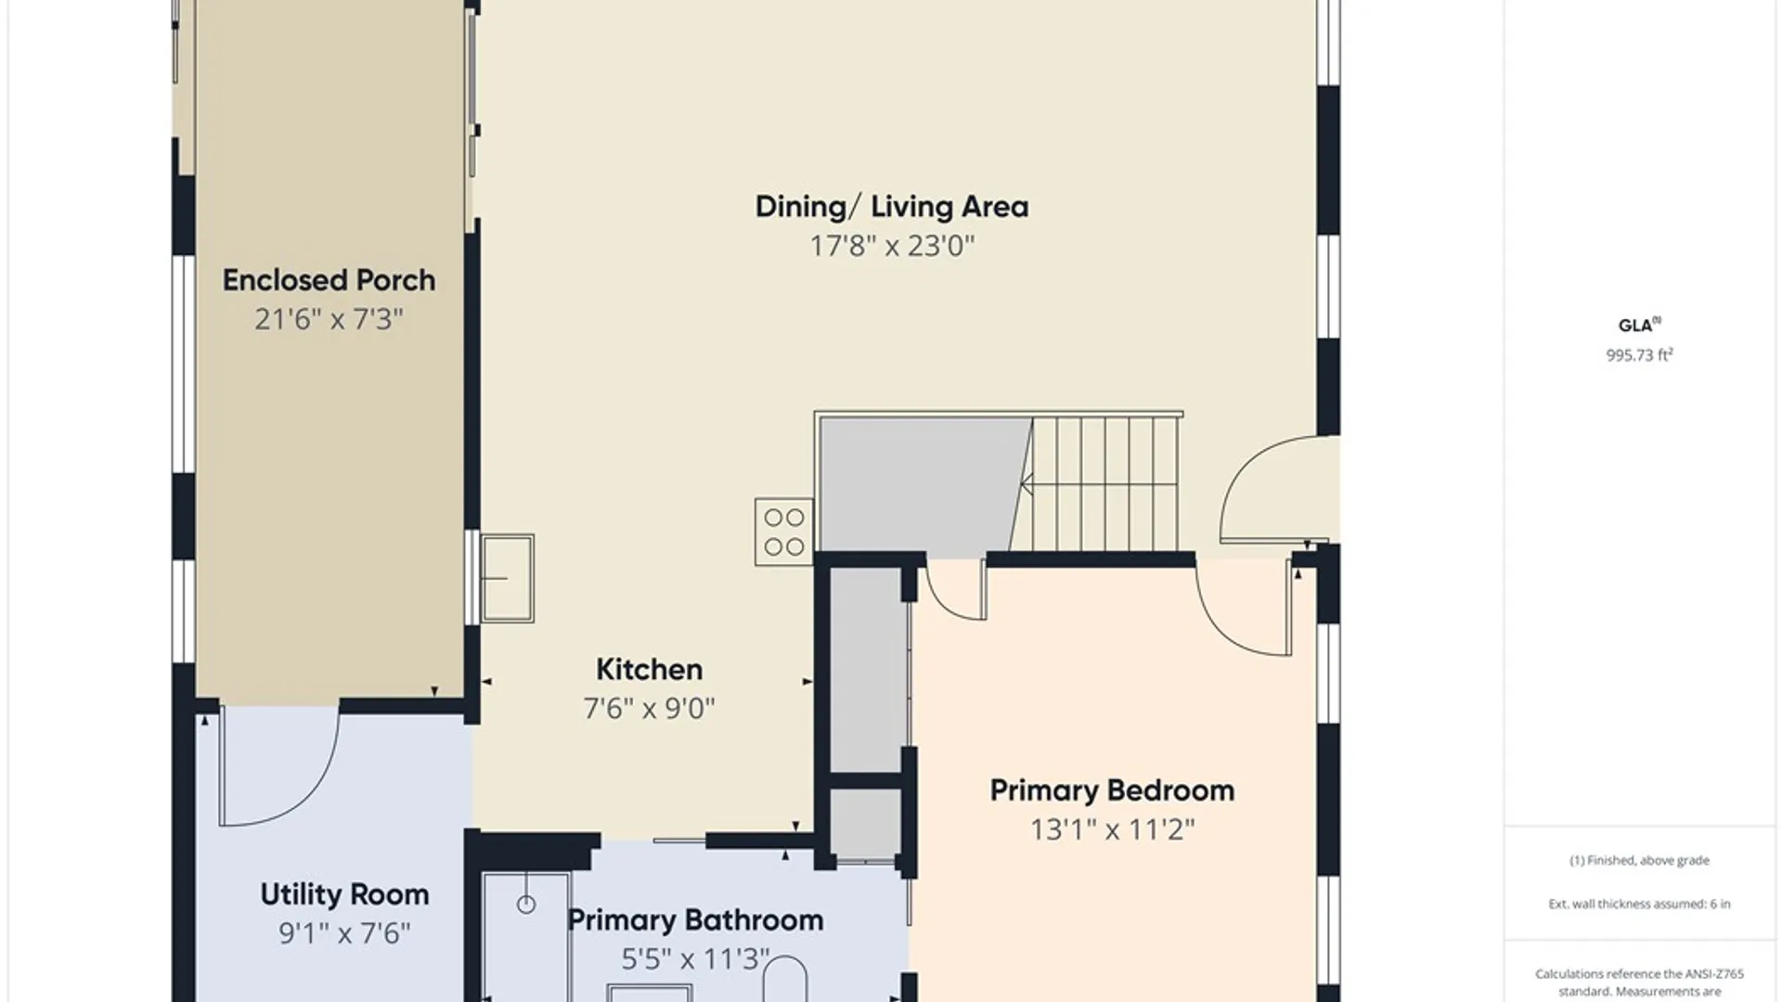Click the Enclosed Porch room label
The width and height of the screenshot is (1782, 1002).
pyautogui.click(x=329, y=280)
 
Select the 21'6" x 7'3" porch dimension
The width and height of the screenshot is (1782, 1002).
pyautogui.click(x=329, y=319)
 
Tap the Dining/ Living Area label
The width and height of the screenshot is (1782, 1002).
pyautogui.click(x=892, y=206)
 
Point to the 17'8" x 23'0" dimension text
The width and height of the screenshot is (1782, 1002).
pyautogui.click(x=892, y=246)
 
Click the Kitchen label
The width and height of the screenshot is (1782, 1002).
pyautogui.click(x=649, y=669)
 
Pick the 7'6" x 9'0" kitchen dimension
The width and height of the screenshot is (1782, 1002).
pyautogui.click(x=649, y=709)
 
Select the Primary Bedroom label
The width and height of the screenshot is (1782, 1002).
pyautogui.click(x=1112, y=790)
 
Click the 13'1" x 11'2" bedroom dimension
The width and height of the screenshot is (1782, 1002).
pyautogui.click(x=1112, y=829)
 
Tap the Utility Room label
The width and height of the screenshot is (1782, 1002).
pyautogui.click(x=344, y=894)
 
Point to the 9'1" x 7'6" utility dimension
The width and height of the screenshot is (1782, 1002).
pyautogui.click(x=344, y=933)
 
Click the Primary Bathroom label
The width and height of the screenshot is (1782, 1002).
pyautogui.click(x=695, y=920)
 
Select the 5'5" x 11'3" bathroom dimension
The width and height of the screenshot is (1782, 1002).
pyautogui.click(x=695, y=959)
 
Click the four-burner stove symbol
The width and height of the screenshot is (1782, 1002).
pyautogui.click(x=784, y=532)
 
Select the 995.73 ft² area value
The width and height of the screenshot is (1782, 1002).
pyautogui.click(x=1639, y=354)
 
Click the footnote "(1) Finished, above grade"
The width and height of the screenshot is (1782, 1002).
pyautogui.click(x=1639, y=860)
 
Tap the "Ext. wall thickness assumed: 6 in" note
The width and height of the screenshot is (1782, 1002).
pyautogui.click(x=1639, y=904)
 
